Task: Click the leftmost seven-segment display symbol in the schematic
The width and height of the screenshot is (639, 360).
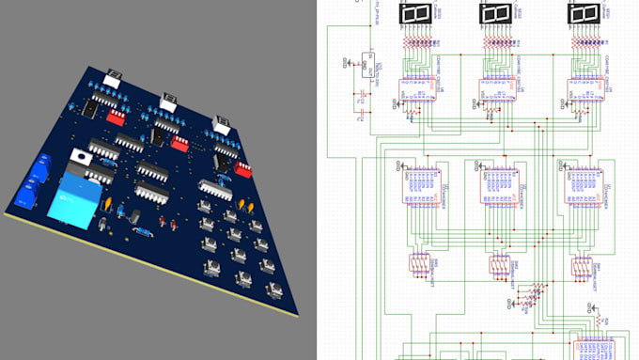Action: tap(414, 14)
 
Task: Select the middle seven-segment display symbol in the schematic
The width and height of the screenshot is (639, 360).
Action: tap(497, 14)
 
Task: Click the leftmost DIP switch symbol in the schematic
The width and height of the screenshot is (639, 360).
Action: tap(419, 267)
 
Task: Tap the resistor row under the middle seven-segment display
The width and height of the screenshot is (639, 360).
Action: tap(497, 43)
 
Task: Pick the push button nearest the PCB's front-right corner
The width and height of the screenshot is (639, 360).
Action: tap(274, 288)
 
